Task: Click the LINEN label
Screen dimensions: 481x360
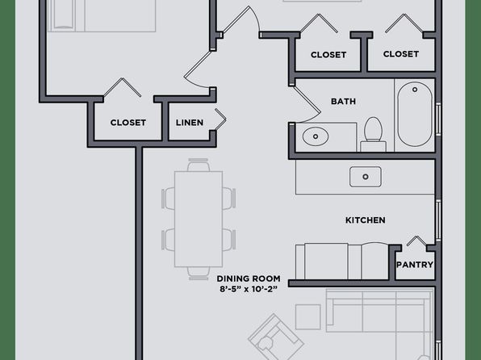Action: click(190, 123)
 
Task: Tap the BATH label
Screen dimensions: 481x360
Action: click(343, 101)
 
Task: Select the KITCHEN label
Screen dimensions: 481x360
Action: click(366, 220)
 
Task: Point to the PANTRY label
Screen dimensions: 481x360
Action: click(415, 265)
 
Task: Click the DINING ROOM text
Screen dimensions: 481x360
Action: click(249, 278)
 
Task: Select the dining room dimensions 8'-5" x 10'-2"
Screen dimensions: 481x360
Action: click(249, 289)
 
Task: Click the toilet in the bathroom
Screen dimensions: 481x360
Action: click(374, 134)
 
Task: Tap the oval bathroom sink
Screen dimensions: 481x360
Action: click(316, 136)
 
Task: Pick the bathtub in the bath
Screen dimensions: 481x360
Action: click(415, 115)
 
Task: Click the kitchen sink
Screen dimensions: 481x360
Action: click(366, 177)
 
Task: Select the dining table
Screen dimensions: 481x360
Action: click(199, 219)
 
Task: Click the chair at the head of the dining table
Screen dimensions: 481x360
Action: click(199, 165)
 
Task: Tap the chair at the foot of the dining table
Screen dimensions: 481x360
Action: click(199, 274)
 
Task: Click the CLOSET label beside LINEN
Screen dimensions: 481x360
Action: click(128, 123)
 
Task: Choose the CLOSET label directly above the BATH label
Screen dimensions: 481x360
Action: click(328, 55)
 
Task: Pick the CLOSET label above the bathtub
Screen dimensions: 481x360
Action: click(401, 54)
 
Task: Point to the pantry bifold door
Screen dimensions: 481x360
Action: click(416, 241)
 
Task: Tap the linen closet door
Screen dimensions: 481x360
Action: click(220, 119)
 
